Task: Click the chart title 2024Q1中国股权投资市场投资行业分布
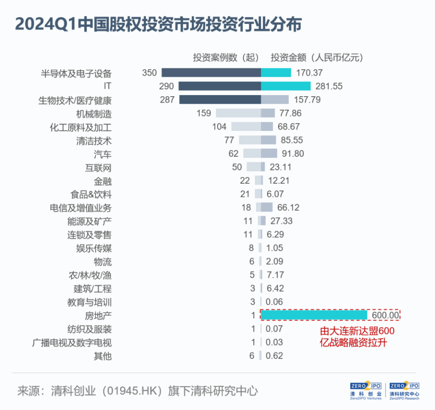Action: (x=158, y=25)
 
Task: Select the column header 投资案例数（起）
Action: (x=226, y=57)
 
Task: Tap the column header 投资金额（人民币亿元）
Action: (x=317, y=57)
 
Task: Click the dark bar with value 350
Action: (x=211, y=72)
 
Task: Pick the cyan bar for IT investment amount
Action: (x=285, y=86)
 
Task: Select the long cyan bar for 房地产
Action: (x=314, y=315)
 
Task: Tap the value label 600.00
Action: (x=385, y=315)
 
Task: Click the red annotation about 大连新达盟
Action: (x=357, y=337)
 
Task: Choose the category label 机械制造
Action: (x=94, y=114)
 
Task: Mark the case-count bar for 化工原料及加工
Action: (x=246, y=127)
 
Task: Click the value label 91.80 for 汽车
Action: (x=292, y=154)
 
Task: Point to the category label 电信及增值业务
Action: (x=80, y=208)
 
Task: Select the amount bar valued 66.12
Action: (x=267, y=207)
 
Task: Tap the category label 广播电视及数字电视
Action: (x=72, y=343)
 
